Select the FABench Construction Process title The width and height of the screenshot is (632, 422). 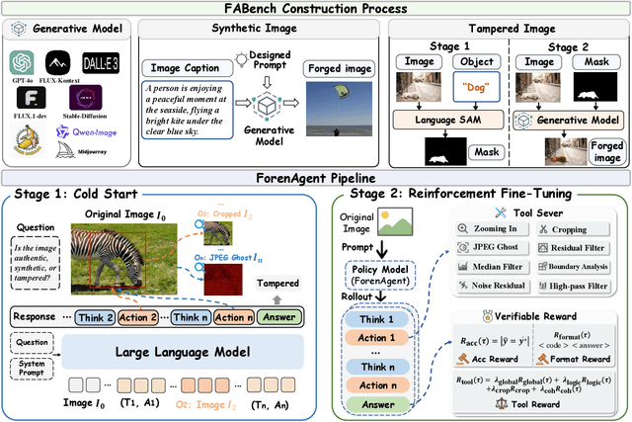[315, 10]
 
